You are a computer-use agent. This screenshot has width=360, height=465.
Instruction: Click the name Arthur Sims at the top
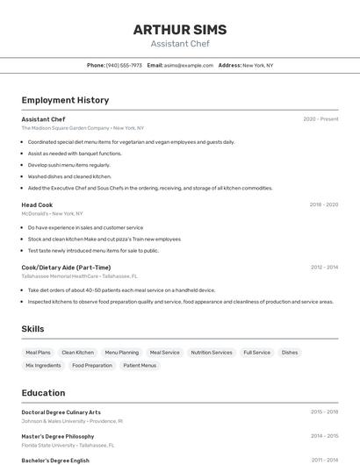point(180,29)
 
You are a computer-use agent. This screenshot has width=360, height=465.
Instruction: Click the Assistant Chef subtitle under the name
point(180,44)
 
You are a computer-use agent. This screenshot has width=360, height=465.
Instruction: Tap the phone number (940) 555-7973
point(124,65)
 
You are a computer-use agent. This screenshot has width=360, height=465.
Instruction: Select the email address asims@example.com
point(189,65)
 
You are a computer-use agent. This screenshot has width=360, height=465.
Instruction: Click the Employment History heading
point(65,100)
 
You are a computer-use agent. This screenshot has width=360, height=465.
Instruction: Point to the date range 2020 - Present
point(320,119)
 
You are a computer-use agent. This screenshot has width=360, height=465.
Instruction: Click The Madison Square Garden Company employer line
point(83,128)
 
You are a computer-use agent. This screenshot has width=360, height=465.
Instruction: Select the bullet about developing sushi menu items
point(69,165)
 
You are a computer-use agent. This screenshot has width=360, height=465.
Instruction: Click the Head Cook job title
point(37,204)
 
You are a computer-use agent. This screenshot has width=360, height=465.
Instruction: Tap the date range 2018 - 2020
point(323,204)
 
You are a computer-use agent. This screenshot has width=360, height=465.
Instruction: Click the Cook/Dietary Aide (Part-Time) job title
point(66,267)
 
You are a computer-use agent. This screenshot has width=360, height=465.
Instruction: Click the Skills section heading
point(32,329)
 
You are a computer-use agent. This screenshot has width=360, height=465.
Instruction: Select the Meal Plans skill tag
point(38,353)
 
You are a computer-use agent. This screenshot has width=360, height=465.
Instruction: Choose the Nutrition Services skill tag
point(212,353)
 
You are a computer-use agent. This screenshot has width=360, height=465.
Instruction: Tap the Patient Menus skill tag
point(140,365)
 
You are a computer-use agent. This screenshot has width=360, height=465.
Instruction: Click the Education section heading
point(43,392)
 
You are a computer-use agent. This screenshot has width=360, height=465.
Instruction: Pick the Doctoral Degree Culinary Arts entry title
point(61,412)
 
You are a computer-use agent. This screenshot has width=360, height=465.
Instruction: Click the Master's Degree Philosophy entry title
point(58,436)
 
